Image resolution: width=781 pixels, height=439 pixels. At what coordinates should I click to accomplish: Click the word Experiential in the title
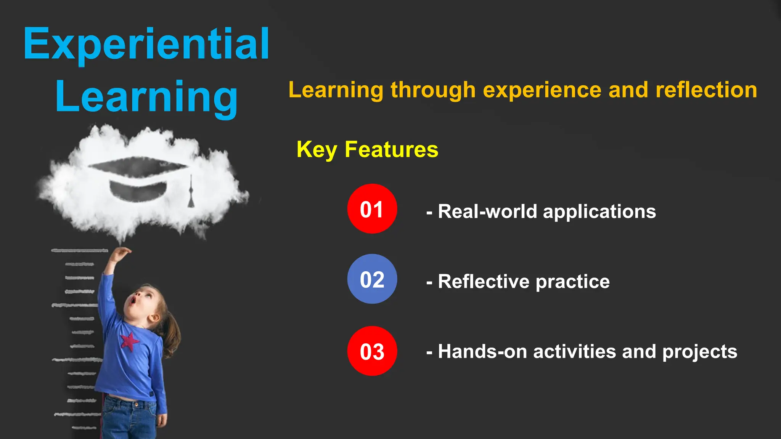tap(146, 45)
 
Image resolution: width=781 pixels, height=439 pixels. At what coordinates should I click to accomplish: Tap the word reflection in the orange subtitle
tap(706, 90)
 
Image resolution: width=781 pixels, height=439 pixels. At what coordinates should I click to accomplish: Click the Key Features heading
tap(367, 149)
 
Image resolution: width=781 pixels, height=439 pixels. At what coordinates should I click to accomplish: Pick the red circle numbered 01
tap(372, 209)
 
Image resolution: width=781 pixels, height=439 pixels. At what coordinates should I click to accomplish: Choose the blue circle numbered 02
tap(372, 279)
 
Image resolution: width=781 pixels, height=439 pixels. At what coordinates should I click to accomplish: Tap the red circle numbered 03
tap(372, 351)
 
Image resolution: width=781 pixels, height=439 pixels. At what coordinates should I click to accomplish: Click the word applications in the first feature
tap(599, 212)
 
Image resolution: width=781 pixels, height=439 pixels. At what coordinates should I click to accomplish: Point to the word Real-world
tap(487, 211)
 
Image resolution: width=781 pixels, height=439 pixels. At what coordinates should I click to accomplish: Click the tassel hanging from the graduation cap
tap(191, 194)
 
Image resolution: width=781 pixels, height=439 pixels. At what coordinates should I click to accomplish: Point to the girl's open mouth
tap(132, 301)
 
